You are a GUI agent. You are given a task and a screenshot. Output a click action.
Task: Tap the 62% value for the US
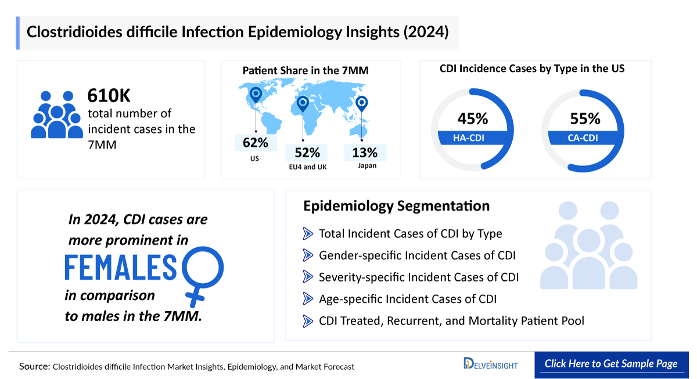pyautogui.click(x=256, y=142)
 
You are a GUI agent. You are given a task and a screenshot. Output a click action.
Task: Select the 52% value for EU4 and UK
pyautogui.click(x=307, y=153)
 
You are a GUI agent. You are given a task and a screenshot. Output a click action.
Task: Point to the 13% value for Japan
pyautogui.click(x=365, y=153)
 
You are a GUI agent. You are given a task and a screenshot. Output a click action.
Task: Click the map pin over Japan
pyautogui.click(x=362, y=104)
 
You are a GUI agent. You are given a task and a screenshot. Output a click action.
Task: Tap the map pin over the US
pyautogui.click(x=255, y=95)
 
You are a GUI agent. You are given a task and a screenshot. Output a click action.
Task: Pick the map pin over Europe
pyautogui.click(x=302, y=104)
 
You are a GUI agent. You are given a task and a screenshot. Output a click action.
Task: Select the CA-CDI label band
pyautogui.click(x=583, y=138)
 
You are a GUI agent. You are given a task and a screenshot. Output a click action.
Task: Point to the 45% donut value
pyautogui.click(x=472, y=119)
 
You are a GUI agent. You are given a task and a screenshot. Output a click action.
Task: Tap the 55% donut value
pyautogui.click(x=584, y=119)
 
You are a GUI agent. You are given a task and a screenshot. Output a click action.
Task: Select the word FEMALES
pyautogui.click(x=120, y=268)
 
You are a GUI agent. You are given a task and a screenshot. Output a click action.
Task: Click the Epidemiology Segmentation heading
pyautogui.click(x=396, y=206)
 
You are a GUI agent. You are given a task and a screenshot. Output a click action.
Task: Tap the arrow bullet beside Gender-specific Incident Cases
pyautogui.click(x=308, y=255)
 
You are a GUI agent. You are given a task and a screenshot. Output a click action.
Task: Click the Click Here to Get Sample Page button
pyautogui.click(x=610, y=364)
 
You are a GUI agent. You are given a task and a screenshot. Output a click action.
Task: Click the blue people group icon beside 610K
pyautogui.click(x=58, y=114)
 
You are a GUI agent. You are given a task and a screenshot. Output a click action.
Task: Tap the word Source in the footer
pyautogui.click(x=34, y=366)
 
